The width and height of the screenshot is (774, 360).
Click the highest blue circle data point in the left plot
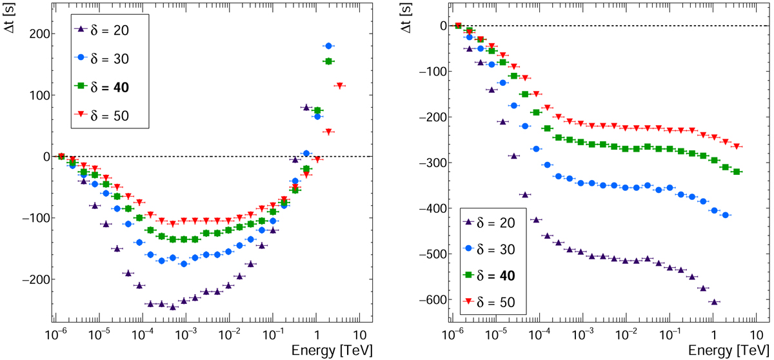pyautogui.click(x=329, y=46)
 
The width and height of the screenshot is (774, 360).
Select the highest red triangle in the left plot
pyautogui.click(x=339, y=86)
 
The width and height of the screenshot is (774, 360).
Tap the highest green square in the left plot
pyautogui.click(x=328, y=61)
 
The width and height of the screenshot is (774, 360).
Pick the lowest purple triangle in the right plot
pyautogui.click(x=713, y=302)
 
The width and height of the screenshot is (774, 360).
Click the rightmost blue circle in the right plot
pyautogui.click(x=726, y=215)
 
